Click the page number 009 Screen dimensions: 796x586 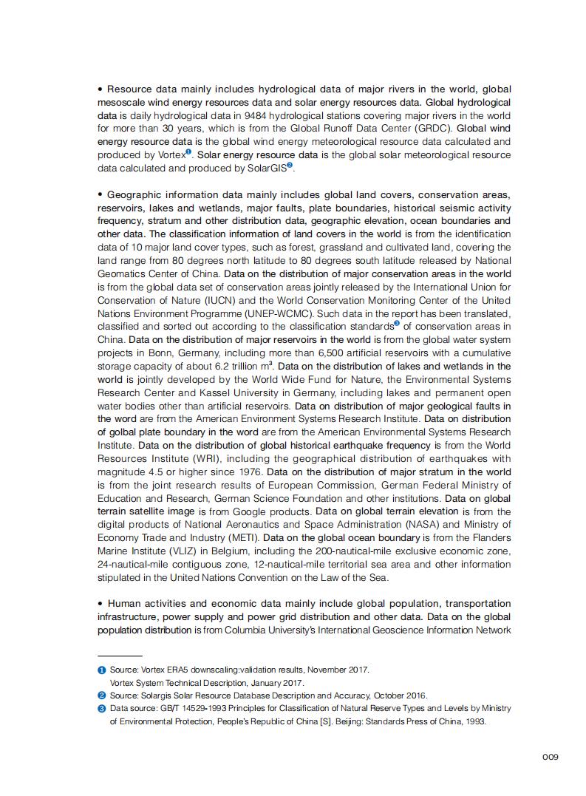point(550,757)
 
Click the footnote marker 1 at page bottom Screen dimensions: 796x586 point(101,670)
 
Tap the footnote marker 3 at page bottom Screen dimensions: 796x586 point(101,708)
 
